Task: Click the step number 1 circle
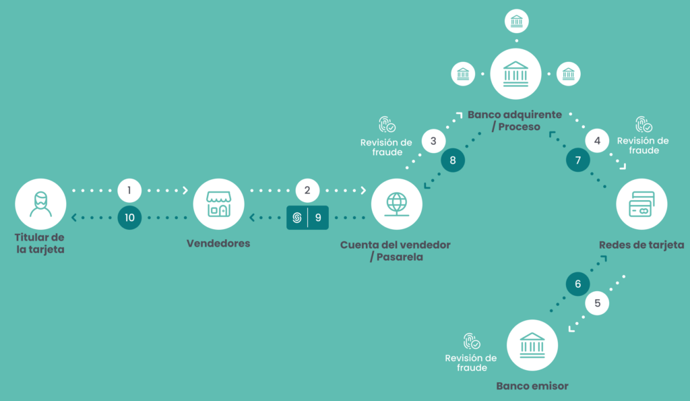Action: click(129, 190)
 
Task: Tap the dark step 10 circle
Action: click(129, 218)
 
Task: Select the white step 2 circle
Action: click(307, 190)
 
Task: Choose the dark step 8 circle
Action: click(453, 160)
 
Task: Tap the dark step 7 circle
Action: click(577, 160)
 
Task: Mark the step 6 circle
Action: click(577, 284)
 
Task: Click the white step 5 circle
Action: click(597, 303)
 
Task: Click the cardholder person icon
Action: click(40, 204)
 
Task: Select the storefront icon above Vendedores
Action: click(218, 204)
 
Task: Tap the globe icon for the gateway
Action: click(397, 204)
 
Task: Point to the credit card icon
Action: click(641, 204)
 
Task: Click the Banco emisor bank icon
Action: click(532, 345)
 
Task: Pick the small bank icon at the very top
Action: click(516, 21)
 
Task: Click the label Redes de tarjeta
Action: click(641, 245)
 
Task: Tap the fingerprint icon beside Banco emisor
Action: click(471, 342)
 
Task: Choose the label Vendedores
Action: click(218, 243)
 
